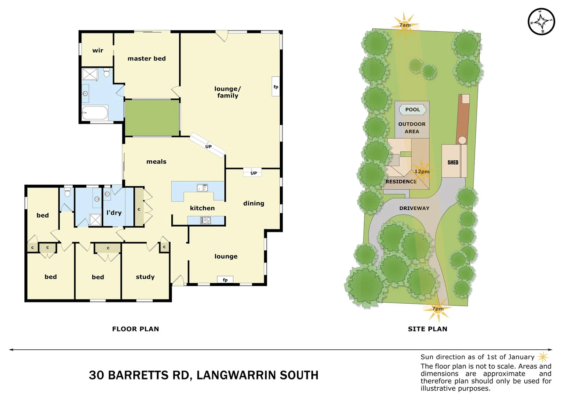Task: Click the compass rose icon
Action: (541, 22)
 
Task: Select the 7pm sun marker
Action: (438, 309)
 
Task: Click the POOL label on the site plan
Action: (412, 109)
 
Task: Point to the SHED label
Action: (453, 162)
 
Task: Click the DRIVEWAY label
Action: (414, 208)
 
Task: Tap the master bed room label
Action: (147, 59)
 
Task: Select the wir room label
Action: (98, 50)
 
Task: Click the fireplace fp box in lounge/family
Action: (276, 87)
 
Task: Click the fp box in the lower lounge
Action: (225, 280)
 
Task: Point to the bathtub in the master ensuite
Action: (95, 113)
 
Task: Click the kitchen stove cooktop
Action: (206, 220)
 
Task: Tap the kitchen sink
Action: (202, 188)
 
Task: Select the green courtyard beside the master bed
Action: (152, 118)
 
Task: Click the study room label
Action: (145, 277)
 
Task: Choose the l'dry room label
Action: (114, 213)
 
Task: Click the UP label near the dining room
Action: (253, 173)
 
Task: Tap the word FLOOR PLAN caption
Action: (136, 329)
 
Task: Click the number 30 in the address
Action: (96, 375)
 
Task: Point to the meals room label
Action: (156, 161)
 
